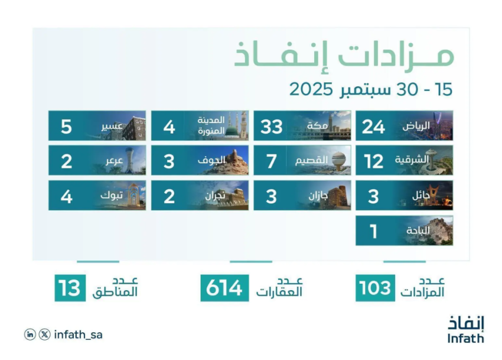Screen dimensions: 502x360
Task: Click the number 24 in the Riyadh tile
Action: click(x=373, y=127)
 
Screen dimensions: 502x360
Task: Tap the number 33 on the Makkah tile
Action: click(x=271, y=127)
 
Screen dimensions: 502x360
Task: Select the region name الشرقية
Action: click(x=412, y=160)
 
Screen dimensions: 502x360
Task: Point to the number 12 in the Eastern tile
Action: click(x=373, y=161)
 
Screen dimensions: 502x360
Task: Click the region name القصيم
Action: click(x=311, y=160)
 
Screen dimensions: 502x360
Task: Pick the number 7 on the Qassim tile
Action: click(x=272, y=161)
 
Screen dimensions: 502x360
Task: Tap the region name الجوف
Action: click(x=211, y=160)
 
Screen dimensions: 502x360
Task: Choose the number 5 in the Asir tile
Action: click(x=66, y=127)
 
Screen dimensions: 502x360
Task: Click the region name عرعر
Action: click(x=115, y=161)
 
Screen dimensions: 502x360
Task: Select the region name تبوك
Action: click(x=112, y=195)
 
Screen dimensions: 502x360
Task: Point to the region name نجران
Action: click(x=215, y=195)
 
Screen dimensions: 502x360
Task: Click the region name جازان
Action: click(x=318, y=196)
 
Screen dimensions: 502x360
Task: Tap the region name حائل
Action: click(x=421, y=195)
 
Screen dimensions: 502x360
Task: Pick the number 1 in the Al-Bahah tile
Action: click(x=373, y=232)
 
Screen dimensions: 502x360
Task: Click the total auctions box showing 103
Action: click(x=375, y=288)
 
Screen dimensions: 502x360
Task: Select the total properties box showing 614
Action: click(x=224, y=288)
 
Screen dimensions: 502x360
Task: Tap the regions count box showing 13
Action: click(x=70, y=288)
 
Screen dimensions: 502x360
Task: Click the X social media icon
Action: click(x=44, y=335)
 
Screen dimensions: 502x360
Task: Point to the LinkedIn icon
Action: click(x=30, y=335)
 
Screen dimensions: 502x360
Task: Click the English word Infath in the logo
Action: click(x=465, y=339)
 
